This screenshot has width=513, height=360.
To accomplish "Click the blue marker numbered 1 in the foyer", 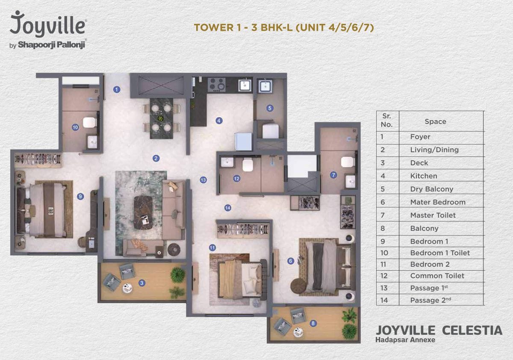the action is [117, 89].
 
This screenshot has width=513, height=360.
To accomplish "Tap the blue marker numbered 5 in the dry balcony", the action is [270, 108].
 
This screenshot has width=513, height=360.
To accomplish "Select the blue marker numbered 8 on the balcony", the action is [313, 323].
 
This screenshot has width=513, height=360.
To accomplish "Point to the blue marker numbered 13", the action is [203, 180].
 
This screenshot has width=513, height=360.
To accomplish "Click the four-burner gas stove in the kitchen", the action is [216, 85].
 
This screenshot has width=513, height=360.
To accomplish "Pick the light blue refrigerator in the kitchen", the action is [243, 141].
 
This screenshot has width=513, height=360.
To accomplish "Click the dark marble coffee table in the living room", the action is [143, 212].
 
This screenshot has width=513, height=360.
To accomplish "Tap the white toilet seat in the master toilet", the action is [348, 162].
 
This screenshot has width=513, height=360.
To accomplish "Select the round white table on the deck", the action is [127, 288].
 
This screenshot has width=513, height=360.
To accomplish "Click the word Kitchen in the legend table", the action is [424, 176].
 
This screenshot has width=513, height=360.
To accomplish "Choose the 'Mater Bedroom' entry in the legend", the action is [438, 202].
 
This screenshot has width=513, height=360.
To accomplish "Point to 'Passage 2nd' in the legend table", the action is [430, 300].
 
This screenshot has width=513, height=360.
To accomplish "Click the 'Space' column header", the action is [435, 121].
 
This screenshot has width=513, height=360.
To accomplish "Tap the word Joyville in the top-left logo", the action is [47, 24].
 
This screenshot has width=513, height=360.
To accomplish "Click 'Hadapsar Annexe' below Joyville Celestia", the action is [405, 339].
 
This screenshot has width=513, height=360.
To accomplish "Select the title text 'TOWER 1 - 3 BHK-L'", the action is [243, 27].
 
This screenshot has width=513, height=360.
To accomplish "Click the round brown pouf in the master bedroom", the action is [298, 285].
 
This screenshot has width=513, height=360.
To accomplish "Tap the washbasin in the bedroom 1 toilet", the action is [92, 142].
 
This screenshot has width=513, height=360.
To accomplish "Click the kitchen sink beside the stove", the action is [245, 86].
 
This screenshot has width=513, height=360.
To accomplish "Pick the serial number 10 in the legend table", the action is [384, 253].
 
